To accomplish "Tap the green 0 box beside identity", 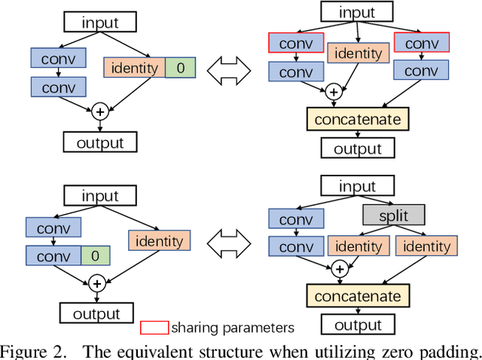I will [x=179, y=68].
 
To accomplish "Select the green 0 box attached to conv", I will [x=94, y=255].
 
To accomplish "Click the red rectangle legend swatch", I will [x=154, y=327].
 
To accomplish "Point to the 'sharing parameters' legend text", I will [x=232, y=327].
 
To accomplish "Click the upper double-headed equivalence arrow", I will [x=230, y=70].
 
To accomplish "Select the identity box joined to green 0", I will [x=134, y=68].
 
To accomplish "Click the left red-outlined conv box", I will [x=296, y=44].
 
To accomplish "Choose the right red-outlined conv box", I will [x=420, y=44].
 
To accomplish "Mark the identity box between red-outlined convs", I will [x=357, y=54].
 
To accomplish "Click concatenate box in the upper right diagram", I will [x=358, y=119].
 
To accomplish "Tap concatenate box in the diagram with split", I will [x=358, y=296].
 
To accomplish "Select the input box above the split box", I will [x=357, y=187].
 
